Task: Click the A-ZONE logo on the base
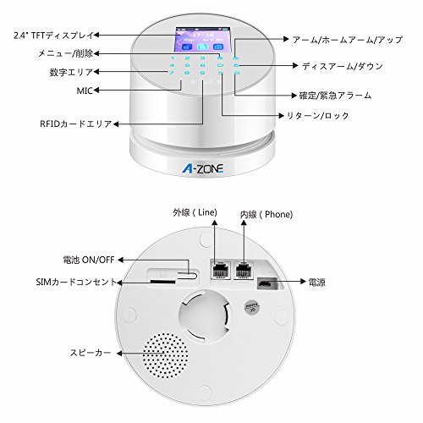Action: tap(202, 168)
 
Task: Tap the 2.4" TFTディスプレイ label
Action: tap(53, 36)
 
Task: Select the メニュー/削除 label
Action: tap(66, 53)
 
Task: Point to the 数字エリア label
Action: tap(71, 72)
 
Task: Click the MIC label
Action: tap(85, 91)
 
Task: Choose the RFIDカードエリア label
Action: tap(76, 124)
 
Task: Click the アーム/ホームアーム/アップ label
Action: tap(348, 40)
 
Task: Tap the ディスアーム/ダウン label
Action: tap(343, 66)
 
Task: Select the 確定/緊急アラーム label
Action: tap(335, 96)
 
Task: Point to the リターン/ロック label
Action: tap(318, 116)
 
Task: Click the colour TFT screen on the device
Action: tap(203, 40)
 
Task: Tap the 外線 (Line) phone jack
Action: tap(220, 271)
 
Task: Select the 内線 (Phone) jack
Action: tap(244, 271)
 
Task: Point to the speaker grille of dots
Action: tap(165, 355)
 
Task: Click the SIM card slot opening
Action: tap(163, 282)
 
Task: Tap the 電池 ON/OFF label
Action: tap(89, 260)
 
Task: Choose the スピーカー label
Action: tap(91, 353)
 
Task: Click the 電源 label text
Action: tap(317, 282)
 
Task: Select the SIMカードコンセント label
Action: tap(76, 282)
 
